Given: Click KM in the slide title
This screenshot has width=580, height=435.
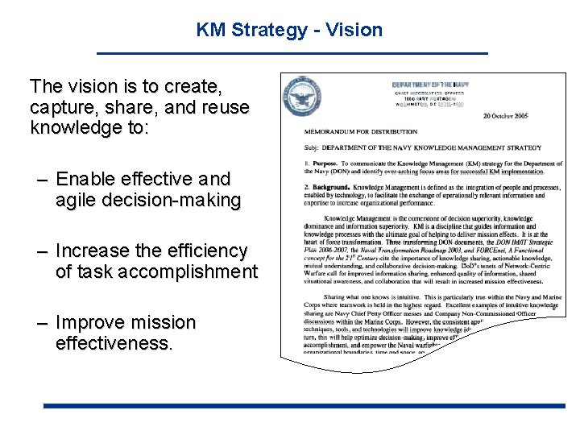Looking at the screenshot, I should coord(212,31).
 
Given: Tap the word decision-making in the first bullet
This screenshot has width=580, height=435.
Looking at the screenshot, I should coord(174,200).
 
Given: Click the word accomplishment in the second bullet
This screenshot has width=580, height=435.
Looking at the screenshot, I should coord(187,272).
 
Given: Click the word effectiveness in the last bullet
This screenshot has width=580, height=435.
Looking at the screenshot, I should coord(112,343).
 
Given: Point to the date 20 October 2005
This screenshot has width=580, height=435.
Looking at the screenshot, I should coord(505,116).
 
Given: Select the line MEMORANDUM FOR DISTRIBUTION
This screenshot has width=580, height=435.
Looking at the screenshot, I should coord(360,131).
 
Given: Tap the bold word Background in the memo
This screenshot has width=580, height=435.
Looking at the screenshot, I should coord(331,187).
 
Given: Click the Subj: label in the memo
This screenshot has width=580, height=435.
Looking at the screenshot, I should coord(313,148).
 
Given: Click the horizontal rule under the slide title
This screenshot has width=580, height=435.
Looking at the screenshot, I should coord(292,52).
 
